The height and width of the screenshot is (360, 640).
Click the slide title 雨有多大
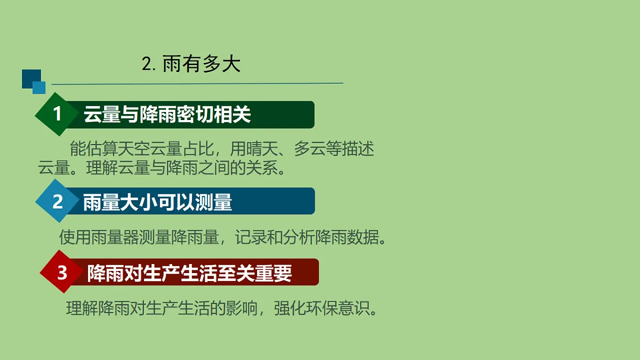coord(202,65)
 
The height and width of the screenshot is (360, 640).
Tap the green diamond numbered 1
coord(58,114)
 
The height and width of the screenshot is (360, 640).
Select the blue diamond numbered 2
coord(58,201)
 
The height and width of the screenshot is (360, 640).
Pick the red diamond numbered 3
coord(62,272)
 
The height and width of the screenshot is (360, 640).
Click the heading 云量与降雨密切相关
coord(167,115)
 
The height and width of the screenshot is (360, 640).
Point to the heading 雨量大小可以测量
coord(157,202)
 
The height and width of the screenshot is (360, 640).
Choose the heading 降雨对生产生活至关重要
coord(189,273)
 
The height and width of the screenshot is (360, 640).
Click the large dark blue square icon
coord(30,78)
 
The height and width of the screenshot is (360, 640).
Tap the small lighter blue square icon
coord(39,87)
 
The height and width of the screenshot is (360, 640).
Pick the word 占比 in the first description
coord(197,149)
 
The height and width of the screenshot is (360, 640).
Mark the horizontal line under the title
coord(197,84)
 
